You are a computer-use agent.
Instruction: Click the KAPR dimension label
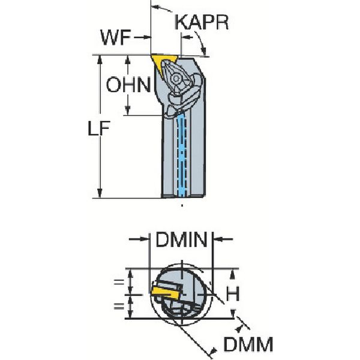tap(202, 23)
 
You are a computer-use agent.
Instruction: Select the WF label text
tap(116, 38)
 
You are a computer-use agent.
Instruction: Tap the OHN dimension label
tap(128, 85)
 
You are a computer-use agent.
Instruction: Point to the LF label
tap(99, 128)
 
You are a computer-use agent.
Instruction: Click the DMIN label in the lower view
tap(181, 240)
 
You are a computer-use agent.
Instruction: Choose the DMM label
tap(248, 344)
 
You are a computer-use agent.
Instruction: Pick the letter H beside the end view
tap(233, 293)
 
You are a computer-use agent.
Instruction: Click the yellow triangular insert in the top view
tap(163, 62)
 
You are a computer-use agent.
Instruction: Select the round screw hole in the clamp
tap(176, 79)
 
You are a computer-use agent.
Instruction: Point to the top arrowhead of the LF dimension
tap(100, 59)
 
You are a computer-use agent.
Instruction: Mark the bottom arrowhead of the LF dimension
tap(100, 193)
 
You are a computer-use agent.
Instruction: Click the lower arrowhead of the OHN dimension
tap(128, 110)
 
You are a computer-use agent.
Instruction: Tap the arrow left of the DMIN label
tap(139, 239)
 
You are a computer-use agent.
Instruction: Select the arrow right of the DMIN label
tap(223, 239)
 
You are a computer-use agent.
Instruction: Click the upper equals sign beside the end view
tap(119, 282)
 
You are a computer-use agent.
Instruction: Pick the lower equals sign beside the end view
tap(119, 306)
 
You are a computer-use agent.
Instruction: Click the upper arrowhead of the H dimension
tap(233, 274)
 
